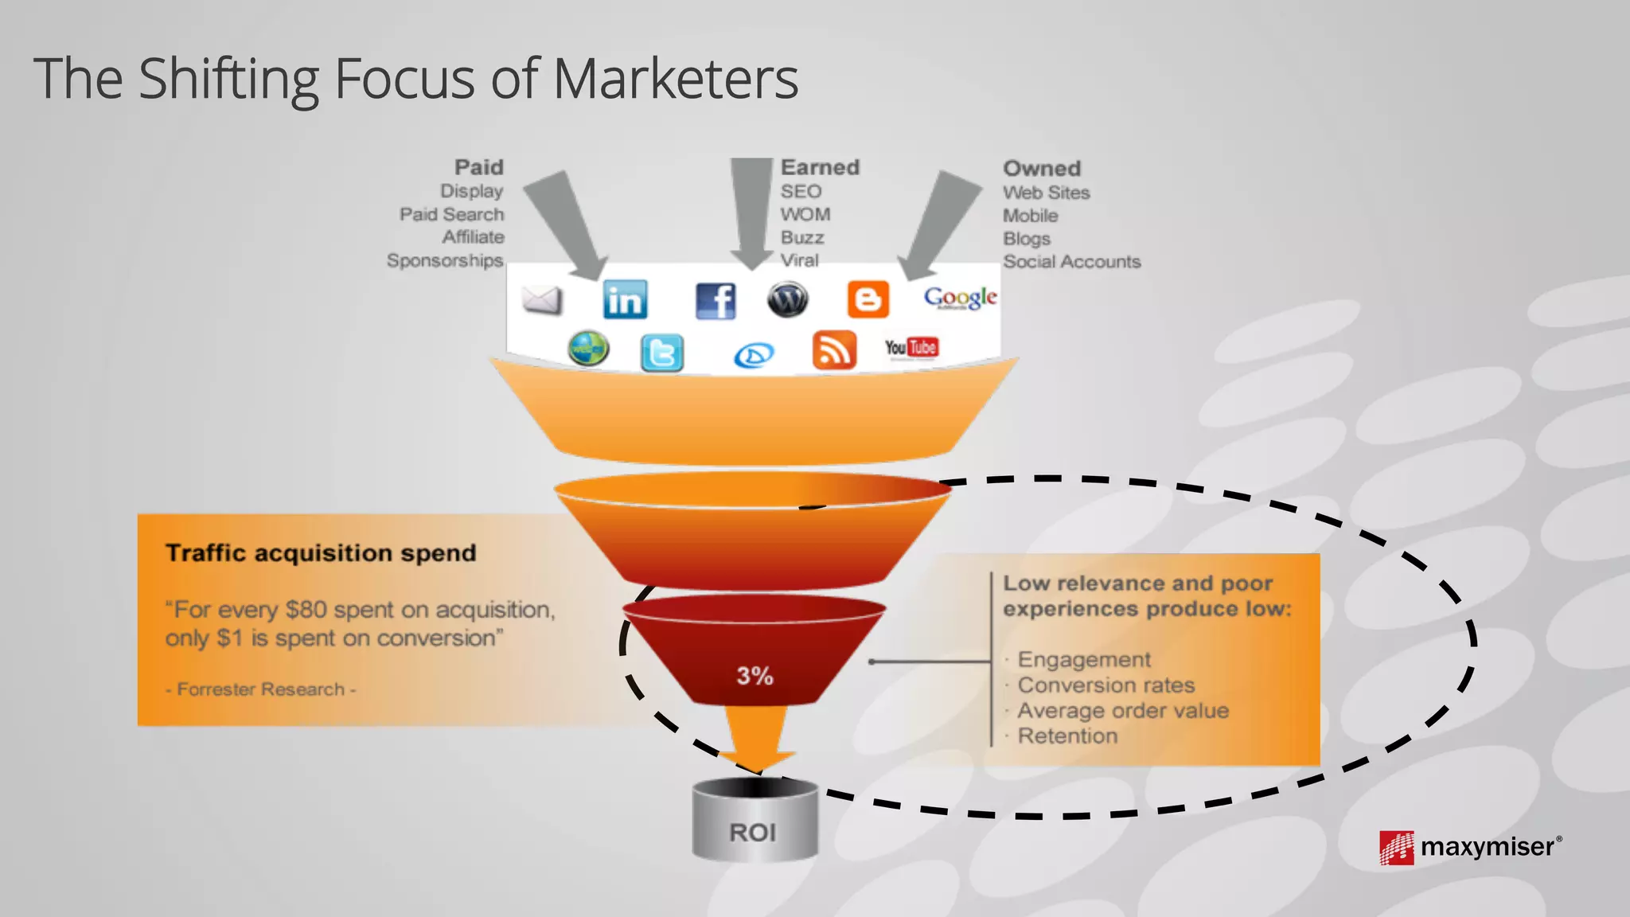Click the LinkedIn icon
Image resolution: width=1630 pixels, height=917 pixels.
625,300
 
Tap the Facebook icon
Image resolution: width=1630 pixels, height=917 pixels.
716,301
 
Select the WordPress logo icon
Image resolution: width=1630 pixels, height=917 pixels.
788,300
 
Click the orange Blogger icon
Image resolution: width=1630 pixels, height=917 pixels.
868,299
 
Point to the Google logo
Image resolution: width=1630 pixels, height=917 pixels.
960,299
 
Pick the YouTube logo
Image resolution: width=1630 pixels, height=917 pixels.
911,348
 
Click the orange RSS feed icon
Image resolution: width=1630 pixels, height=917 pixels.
834,350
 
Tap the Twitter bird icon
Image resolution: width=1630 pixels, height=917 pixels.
661,353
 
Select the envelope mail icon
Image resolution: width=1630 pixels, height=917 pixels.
542,300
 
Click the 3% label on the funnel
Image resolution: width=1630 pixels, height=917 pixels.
755,676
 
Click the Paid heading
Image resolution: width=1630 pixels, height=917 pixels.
478,167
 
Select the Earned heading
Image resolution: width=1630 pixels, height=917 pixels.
820,167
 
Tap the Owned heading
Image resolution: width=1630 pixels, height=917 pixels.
1041,169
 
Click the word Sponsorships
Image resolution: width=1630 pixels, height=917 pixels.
445,260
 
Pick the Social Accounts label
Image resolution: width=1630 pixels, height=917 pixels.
1071,262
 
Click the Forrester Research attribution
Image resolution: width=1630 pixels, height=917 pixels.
260,689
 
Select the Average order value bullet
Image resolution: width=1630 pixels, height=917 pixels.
1123,710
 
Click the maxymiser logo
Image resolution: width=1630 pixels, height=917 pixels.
1470,847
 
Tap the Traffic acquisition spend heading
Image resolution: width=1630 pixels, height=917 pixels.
321,552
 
